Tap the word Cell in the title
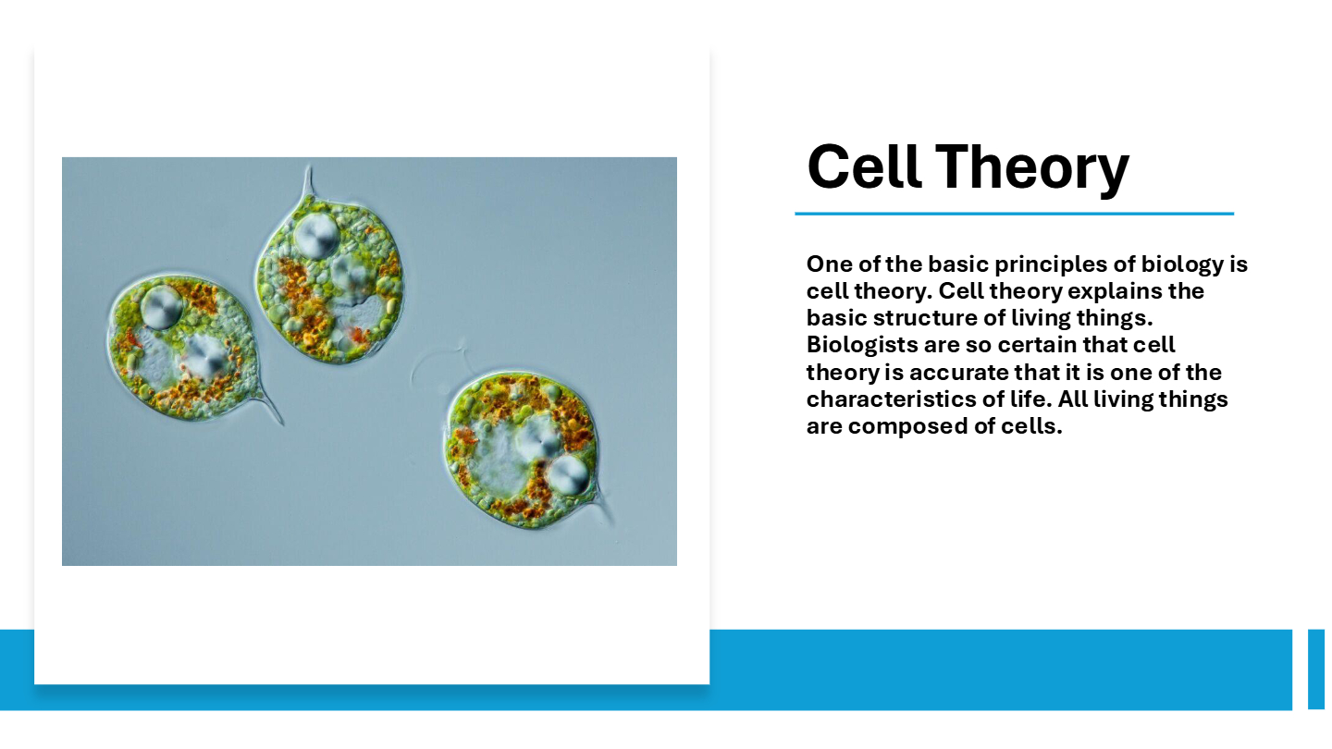(864, 166)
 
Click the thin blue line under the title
(1015, 214)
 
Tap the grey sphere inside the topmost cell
(316, 236)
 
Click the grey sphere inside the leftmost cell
(162, 307)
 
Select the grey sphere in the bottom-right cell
(569, 475)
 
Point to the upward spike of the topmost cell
(308, 181)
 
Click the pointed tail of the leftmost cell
(269, 408)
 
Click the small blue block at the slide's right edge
(1316, 669)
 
